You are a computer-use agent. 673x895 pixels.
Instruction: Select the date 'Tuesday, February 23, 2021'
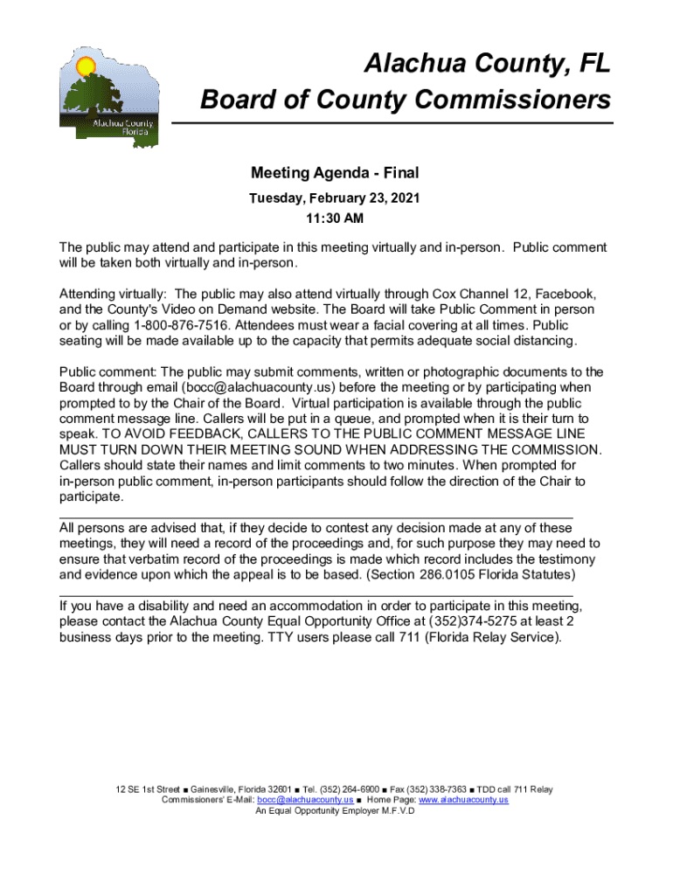[x=335, y=198]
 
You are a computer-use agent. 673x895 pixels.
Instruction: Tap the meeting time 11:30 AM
[x=335, y=218]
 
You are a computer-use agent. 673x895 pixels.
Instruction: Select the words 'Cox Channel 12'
[x=475, y=293]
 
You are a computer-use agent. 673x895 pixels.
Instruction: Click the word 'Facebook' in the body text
[x=569, y=293]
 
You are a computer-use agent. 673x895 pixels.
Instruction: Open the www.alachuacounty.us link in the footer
[x=463, y=800]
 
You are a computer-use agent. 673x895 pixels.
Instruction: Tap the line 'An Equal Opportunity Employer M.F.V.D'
[x=335, y=810]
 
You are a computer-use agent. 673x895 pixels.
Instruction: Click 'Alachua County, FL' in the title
[x=488, y=64]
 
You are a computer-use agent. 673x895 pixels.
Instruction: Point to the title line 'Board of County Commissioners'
[x=406, y=101]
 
